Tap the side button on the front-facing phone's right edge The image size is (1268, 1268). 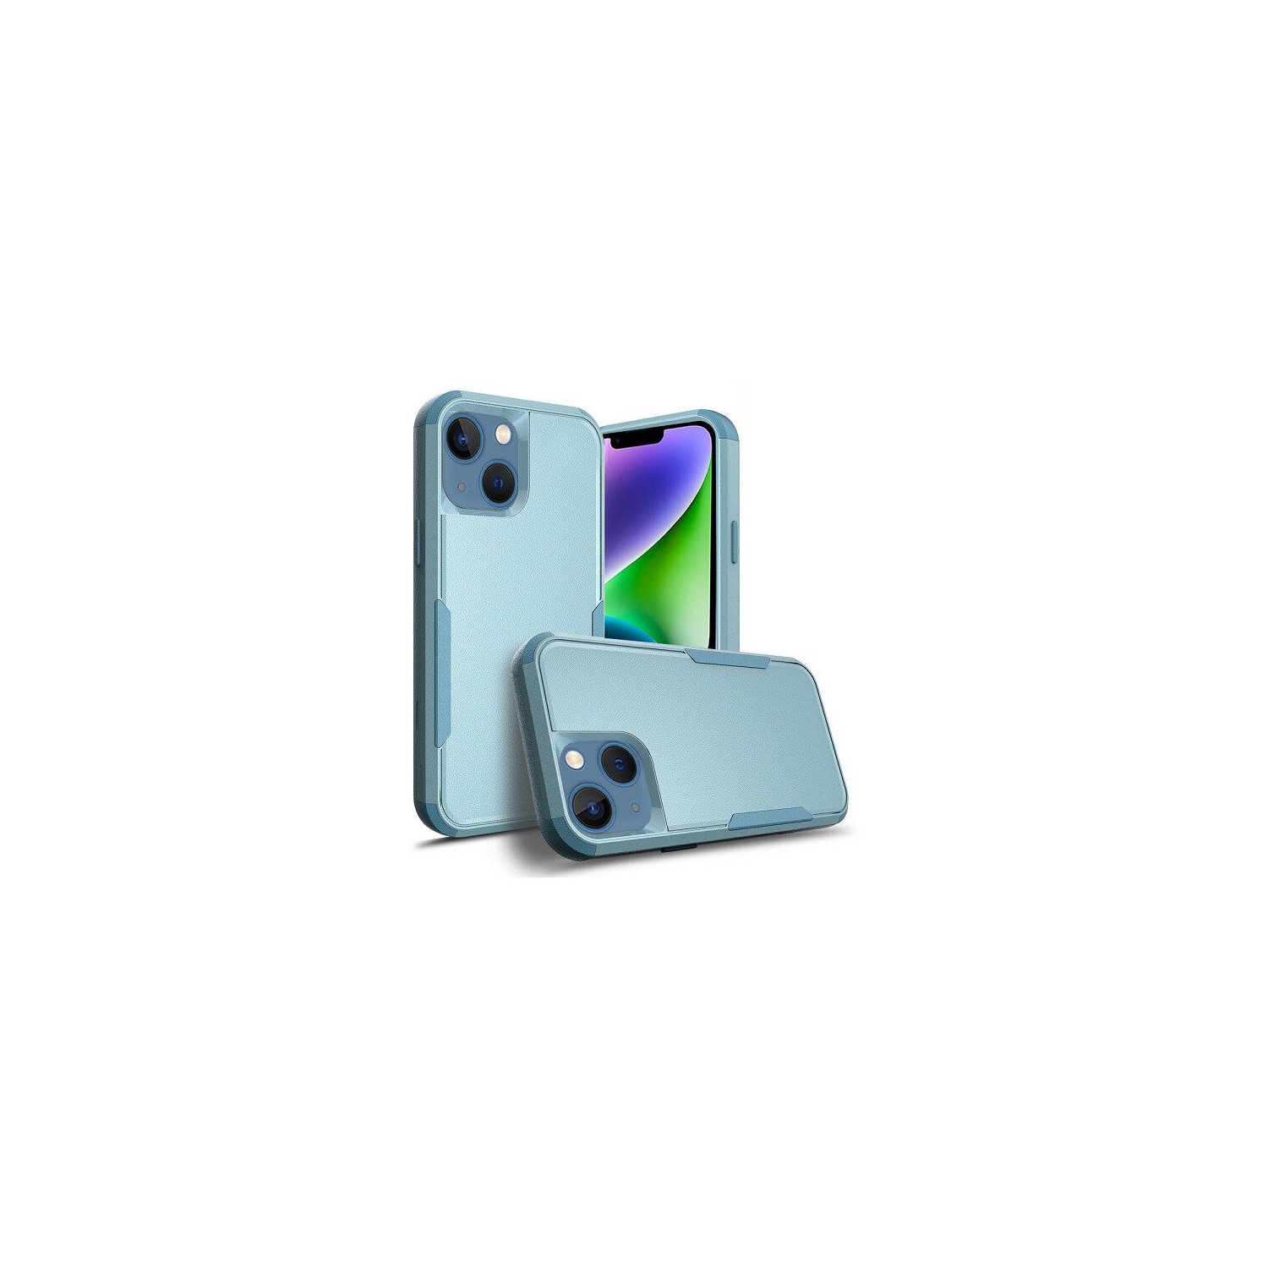tap(733, 543)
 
